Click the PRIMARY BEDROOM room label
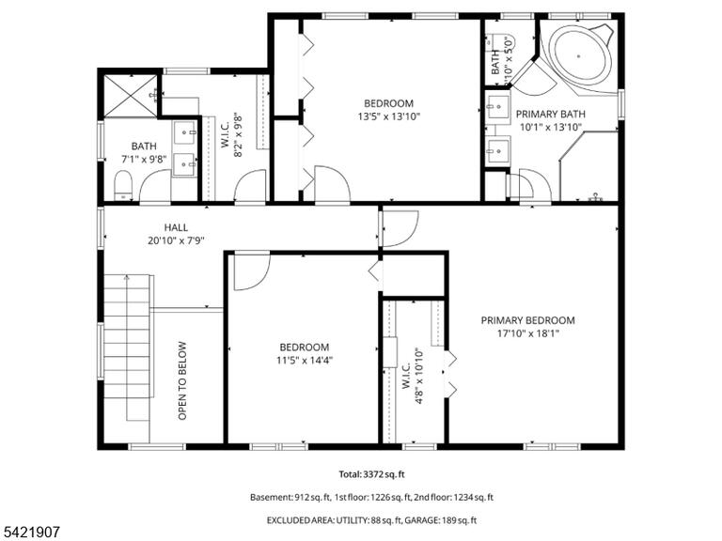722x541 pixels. (527, 320)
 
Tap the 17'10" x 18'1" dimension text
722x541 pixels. (527, 333)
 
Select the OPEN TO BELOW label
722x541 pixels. (182, 380)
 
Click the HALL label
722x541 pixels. (176, 227)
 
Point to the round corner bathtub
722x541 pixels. (582, 56)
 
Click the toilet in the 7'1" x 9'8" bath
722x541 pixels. (123, 185)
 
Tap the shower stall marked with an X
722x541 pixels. (131, 96)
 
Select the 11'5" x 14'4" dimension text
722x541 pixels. (305, 361)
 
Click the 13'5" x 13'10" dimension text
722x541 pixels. (388, 116)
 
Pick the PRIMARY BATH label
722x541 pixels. (550, 114)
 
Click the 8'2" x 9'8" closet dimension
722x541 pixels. (238, 134)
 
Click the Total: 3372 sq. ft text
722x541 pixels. (371, 473)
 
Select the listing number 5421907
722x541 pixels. (30, 533)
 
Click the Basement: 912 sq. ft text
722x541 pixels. (290, 497)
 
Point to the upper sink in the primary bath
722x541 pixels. (497, 107)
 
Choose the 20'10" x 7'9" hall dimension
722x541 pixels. (176, 240)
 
